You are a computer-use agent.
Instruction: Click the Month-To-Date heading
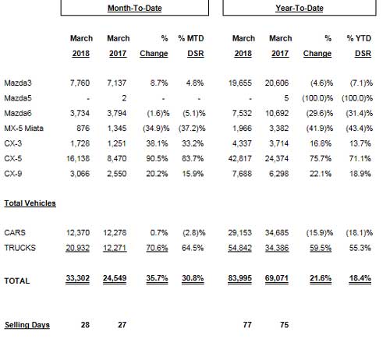pyautogui.click(x=135, y=8)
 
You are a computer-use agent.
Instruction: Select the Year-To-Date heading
pyautogui.click(x=300, y=8)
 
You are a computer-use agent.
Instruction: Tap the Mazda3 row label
pyautogui.click(x=18, y=83)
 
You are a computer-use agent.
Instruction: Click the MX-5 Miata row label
pyautogui.click(x=23, y=129)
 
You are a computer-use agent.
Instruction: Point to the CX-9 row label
pyautogui.click(x=13, y=174)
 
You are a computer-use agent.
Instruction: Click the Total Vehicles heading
pyautogui.click(x=30, y=203)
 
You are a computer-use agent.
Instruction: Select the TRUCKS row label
pyautogui.click(x=19, y=248)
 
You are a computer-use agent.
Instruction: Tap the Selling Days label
pyautogui.click(x=27, y=325)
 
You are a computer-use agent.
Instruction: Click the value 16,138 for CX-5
pyautogui.click(x=78, y=158)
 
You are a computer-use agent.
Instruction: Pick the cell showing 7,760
pyautogui.click(x=80, y=83)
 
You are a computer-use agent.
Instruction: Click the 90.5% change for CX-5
pyautogui.click(x=157, y=158)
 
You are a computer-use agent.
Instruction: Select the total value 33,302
pyautogui.click(x=77, y=278)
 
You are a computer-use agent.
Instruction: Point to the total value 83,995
pyautogui.click(x=239, y=278)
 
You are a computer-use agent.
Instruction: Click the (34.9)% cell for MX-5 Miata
pyautogui.click(x=156, y=129)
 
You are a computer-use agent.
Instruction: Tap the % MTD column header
pyautogui.click(x=191, y=38)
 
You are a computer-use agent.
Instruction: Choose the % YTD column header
pyautogui.click(x=359, y=38)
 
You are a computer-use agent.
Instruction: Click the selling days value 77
pyautogui.click(x=247, y=325)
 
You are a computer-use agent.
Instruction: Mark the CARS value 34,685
pyautogui.click(x=277, y=233)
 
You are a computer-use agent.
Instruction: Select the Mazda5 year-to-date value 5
pyautogui.click(x=286, y=98)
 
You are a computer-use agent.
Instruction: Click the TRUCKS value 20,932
pyautogui.click(x=77, y=248)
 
